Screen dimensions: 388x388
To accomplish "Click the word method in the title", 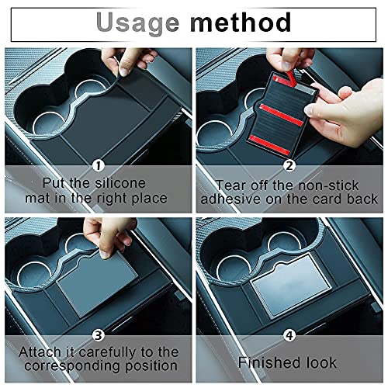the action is pos(241,23).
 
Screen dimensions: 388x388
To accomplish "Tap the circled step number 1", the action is pos(99,166).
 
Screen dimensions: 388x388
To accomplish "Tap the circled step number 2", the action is pos(289,166).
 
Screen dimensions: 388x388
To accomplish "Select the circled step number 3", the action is pos(99,335).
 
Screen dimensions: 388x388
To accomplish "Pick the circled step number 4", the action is pos(289,335).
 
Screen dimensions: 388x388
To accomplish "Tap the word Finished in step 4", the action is pos(270,362).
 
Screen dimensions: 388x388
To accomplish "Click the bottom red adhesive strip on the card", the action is pos(269,145).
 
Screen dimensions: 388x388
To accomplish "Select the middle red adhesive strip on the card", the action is pos(281,115).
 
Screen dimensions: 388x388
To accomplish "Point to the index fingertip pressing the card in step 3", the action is pos(105,255).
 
